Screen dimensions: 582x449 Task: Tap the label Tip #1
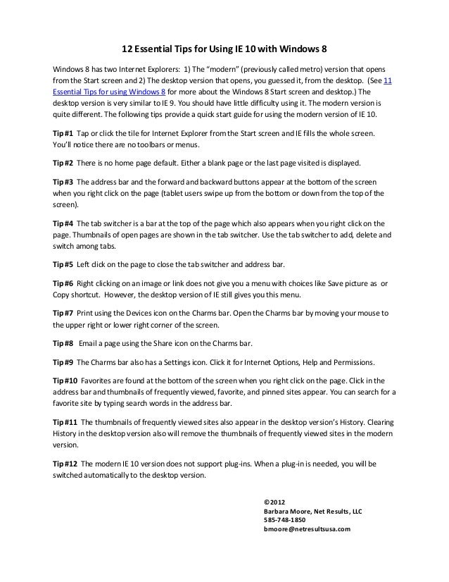(63, 133)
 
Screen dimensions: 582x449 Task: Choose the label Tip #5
(63, 264)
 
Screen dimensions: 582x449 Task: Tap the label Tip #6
(63, 283)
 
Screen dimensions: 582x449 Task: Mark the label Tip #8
(63, 343)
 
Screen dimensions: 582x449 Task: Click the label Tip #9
(63, 362)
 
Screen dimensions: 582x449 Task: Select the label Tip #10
(65, 380)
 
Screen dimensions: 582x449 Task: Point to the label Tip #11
(65, 422)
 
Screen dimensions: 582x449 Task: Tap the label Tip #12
(65, 464)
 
